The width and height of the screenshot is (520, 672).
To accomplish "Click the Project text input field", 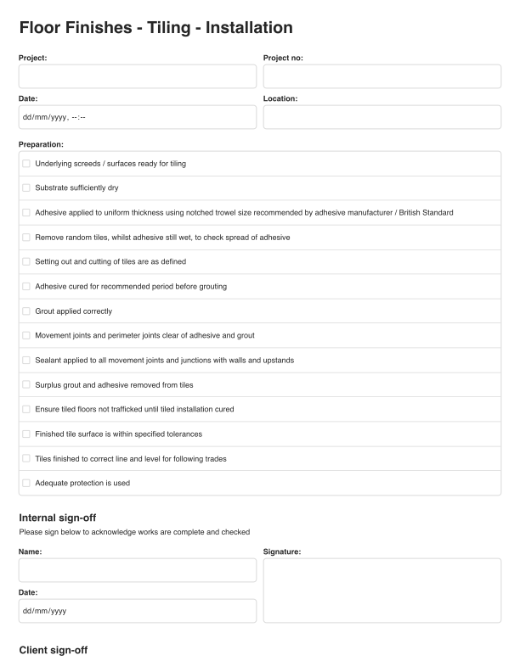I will (x=137, y=76).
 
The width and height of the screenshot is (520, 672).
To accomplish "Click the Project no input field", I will (x=382, y=76).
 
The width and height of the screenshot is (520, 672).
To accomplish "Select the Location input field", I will (x=382, y=117).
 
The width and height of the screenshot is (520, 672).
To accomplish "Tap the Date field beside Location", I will (x=137, y=117).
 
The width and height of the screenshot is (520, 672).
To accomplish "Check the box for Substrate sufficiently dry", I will (x=26, y=188).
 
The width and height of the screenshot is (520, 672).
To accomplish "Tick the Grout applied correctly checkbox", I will (x=26, y=311).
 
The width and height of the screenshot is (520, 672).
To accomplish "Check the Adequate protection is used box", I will (x=26, y=484).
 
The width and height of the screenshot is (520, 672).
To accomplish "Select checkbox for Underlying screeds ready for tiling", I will (x=26, y=164).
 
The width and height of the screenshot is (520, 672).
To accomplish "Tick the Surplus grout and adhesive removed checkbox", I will (x=26, y=385).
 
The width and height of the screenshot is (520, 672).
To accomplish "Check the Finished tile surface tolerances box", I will (x=26, y=434).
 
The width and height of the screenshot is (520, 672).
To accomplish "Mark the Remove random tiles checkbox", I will (x=26, y=238).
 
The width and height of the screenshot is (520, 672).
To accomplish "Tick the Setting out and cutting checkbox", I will (x=26, y=262).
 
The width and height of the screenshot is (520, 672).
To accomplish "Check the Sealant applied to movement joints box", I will (x=26, y=361).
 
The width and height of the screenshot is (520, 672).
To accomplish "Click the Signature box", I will (x=382, y=591).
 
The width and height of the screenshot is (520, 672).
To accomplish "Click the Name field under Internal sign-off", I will (x=137, y=570).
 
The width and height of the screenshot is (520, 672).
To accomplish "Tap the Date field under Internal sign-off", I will (x=137, y=611).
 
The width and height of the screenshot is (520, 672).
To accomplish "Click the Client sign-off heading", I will (x=53, y=651).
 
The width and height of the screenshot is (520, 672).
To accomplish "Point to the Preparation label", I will (x=41, y=144).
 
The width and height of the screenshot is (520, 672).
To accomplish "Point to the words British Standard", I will (x=427, y=213).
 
